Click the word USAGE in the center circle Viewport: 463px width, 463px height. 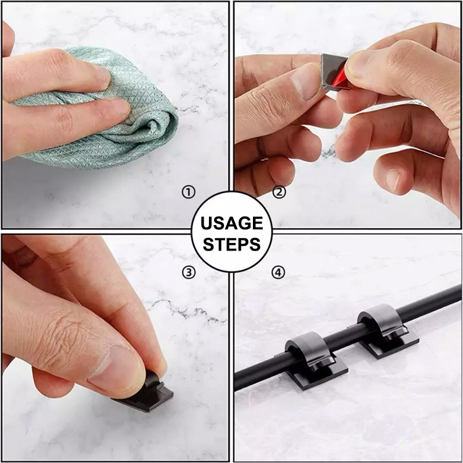tap(231, 223)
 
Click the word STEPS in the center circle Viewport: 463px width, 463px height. tap(232, 244)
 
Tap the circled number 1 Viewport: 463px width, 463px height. tap(189, 193)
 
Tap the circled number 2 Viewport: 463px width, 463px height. tap(279, 192)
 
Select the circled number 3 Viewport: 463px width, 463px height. tap(189, 272)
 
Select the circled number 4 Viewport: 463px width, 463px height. tap(278, 272)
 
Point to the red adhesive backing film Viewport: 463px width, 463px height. tap(340, 78)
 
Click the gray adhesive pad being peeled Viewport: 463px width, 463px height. tap(332, 70)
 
